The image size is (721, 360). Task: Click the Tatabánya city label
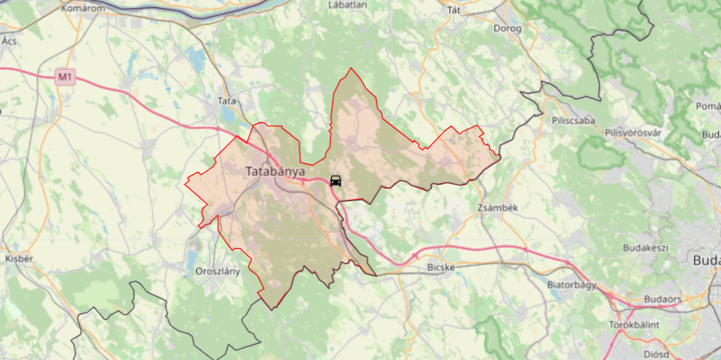pyautogui.click(x=276, y=171)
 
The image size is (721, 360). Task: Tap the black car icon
pyautogui.click(x=336, y=181)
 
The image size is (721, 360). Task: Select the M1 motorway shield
pyautogui.click(x=66, y=77)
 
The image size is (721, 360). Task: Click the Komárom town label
pyautogui.click(x=83, y=9)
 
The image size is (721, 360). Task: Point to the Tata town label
pyautogui.click(x=227, y=101)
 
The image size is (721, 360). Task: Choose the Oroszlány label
pyautogui.click(x=217, y=271)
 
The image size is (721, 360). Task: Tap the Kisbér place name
pyautogui.click(x=19, y=259)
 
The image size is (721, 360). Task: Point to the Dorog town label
pyautogui.click(x=509, y=29)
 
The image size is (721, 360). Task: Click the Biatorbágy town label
pyautogui.click(x=572, y=284)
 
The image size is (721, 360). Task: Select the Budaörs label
pyautogui.click(x=662, y=299)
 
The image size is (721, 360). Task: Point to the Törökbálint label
pyautogui.click(x=634, y=325)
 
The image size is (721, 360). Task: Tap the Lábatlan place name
pyautogui.click(x=348, y=5)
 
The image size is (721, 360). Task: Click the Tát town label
pyautogui.click(x=454, y=10)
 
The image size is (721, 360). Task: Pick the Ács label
pyautogui.click(x=9, y=41)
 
